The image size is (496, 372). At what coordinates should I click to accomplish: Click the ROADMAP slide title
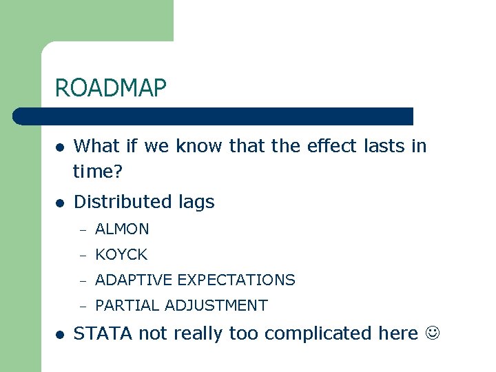pyautogui.click(x=111, y=88)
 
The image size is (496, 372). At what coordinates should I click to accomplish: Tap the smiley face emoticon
pyautogui.click(x=431, y=333)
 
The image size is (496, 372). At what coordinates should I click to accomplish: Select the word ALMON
pyautogui.click(x=122, y=229)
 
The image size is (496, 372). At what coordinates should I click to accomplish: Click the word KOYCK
pyautogui.click(x=121, y=254)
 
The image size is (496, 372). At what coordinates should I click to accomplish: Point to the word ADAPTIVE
pyautogui.click(x=134, y=280)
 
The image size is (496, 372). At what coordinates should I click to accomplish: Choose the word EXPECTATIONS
pyautogui.click(x=236, y=280)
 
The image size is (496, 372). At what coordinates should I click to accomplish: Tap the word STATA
pyautogui.click(x=103, y=333)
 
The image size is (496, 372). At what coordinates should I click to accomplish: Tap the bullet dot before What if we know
pyautogui.click(x=61, y=147)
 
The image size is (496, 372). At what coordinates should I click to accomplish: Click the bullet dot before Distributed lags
pyautogui.click(x=61, y=203)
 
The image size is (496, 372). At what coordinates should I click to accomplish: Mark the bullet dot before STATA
pyautogui.click(x=61, y=334)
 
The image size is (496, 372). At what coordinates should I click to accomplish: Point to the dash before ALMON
pyautogui.click(x=82, y=229)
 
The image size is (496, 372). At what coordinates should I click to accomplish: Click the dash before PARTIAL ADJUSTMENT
pyautogui.click(x=82, y=306)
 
